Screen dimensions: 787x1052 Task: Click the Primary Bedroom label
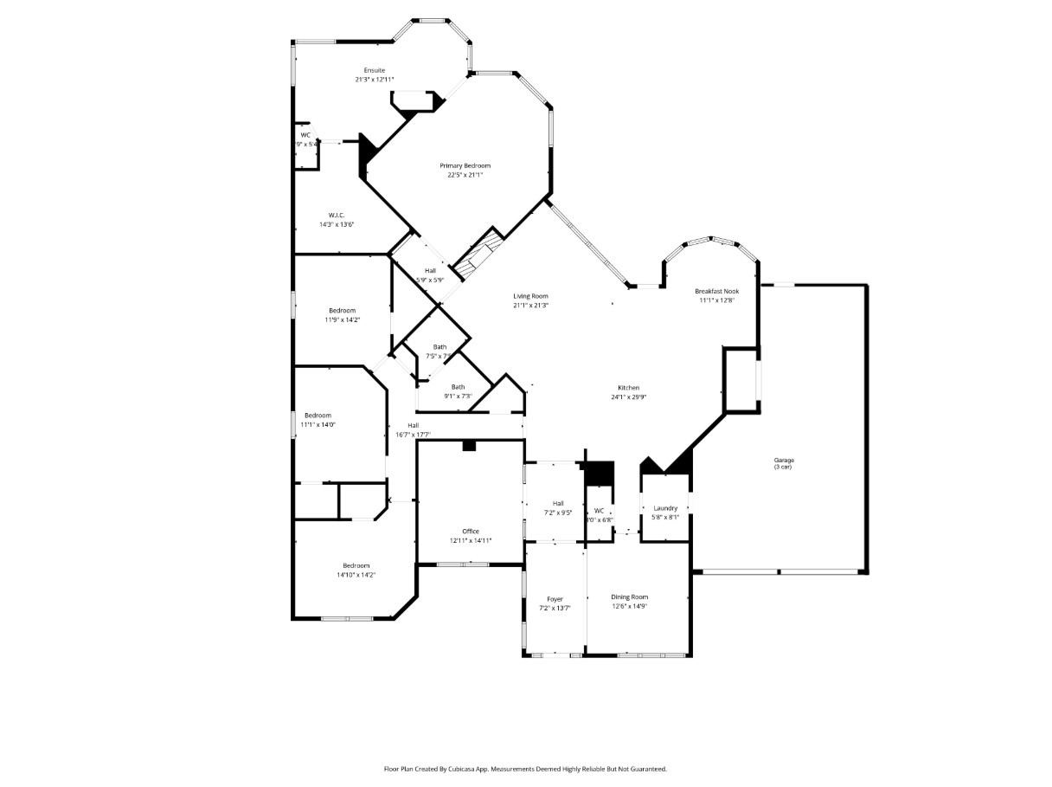click(465, 165)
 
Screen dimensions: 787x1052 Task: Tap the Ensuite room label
click(374, 70)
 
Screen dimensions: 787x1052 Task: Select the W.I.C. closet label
click(337, 215)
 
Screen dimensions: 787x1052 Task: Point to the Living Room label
click(530, 296)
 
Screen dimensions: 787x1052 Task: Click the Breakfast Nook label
click(716, 292)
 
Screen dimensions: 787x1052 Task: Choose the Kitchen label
click(628, 388)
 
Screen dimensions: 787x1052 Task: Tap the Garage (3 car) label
click(784, 461)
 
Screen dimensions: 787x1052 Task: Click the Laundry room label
click(665, 508)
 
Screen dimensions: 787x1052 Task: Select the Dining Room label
click(629, 597)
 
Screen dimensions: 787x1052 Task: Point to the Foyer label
click(555, 599)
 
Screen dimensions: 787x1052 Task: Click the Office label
click(470, 532)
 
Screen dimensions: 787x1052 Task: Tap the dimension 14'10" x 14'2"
click(356, 575)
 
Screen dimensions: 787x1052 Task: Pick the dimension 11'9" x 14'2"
click(342, 319)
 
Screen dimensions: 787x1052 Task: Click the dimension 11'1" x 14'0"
click(318, 424)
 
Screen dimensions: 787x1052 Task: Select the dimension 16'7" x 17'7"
click(414, 435)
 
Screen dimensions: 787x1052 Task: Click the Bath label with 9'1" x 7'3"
click(458, 387)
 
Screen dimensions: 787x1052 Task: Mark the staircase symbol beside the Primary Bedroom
click(478, 255)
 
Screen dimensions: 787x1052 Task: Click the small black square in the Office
click(469, 446)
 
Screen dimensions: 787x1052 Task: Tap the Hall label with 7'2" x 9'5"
click(558, 503)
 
